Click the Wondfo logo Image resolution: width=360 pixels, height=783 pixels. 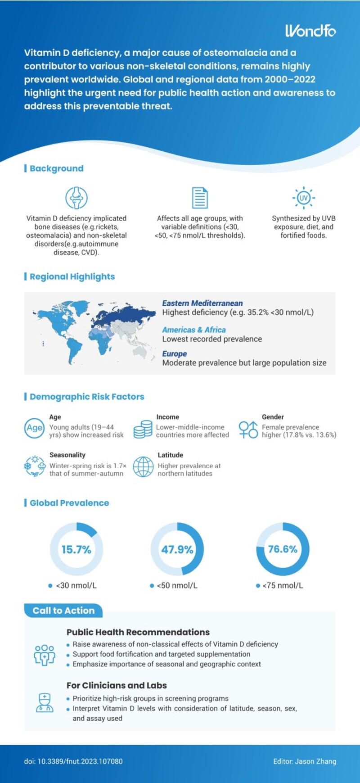click(310, 31)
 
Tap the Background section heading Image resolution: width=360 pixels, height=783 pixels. click(56, 168)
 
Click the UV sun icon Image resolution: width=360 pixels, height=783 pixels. click(304, 198)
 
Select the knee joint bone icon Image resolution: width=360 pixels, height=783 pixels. click(76, 198)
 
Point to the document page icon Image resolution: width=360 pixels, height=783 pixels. click(199, 198)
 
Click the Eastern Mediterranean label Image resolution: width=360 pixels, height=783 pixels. click(202, 303)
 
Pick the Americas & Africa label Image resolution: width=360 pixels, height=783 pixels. click(194, 330)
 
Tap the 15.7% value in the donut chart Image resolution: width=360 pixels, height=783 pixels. click(76, 549)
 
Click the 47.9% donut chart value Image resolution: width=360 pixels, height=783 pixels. click(177, 549)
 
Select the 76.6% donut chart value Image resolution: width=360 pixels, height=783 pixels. click(283, 549)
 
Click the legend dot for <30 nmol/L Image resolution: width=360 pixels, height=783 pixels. click(50, 586)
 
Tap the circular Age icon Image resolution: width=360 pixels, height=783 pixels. click(34, 428)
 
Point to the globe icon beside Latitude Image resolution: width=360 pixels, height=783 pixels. click(143, 466)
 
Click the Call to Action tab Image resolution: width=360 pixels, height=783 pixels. click(63, 611)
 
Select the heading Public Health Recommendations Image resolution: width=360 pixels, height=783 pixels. click(138, 632)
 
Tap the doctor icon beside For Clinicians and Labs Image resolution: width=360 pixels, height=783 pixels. click(45, 702)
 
